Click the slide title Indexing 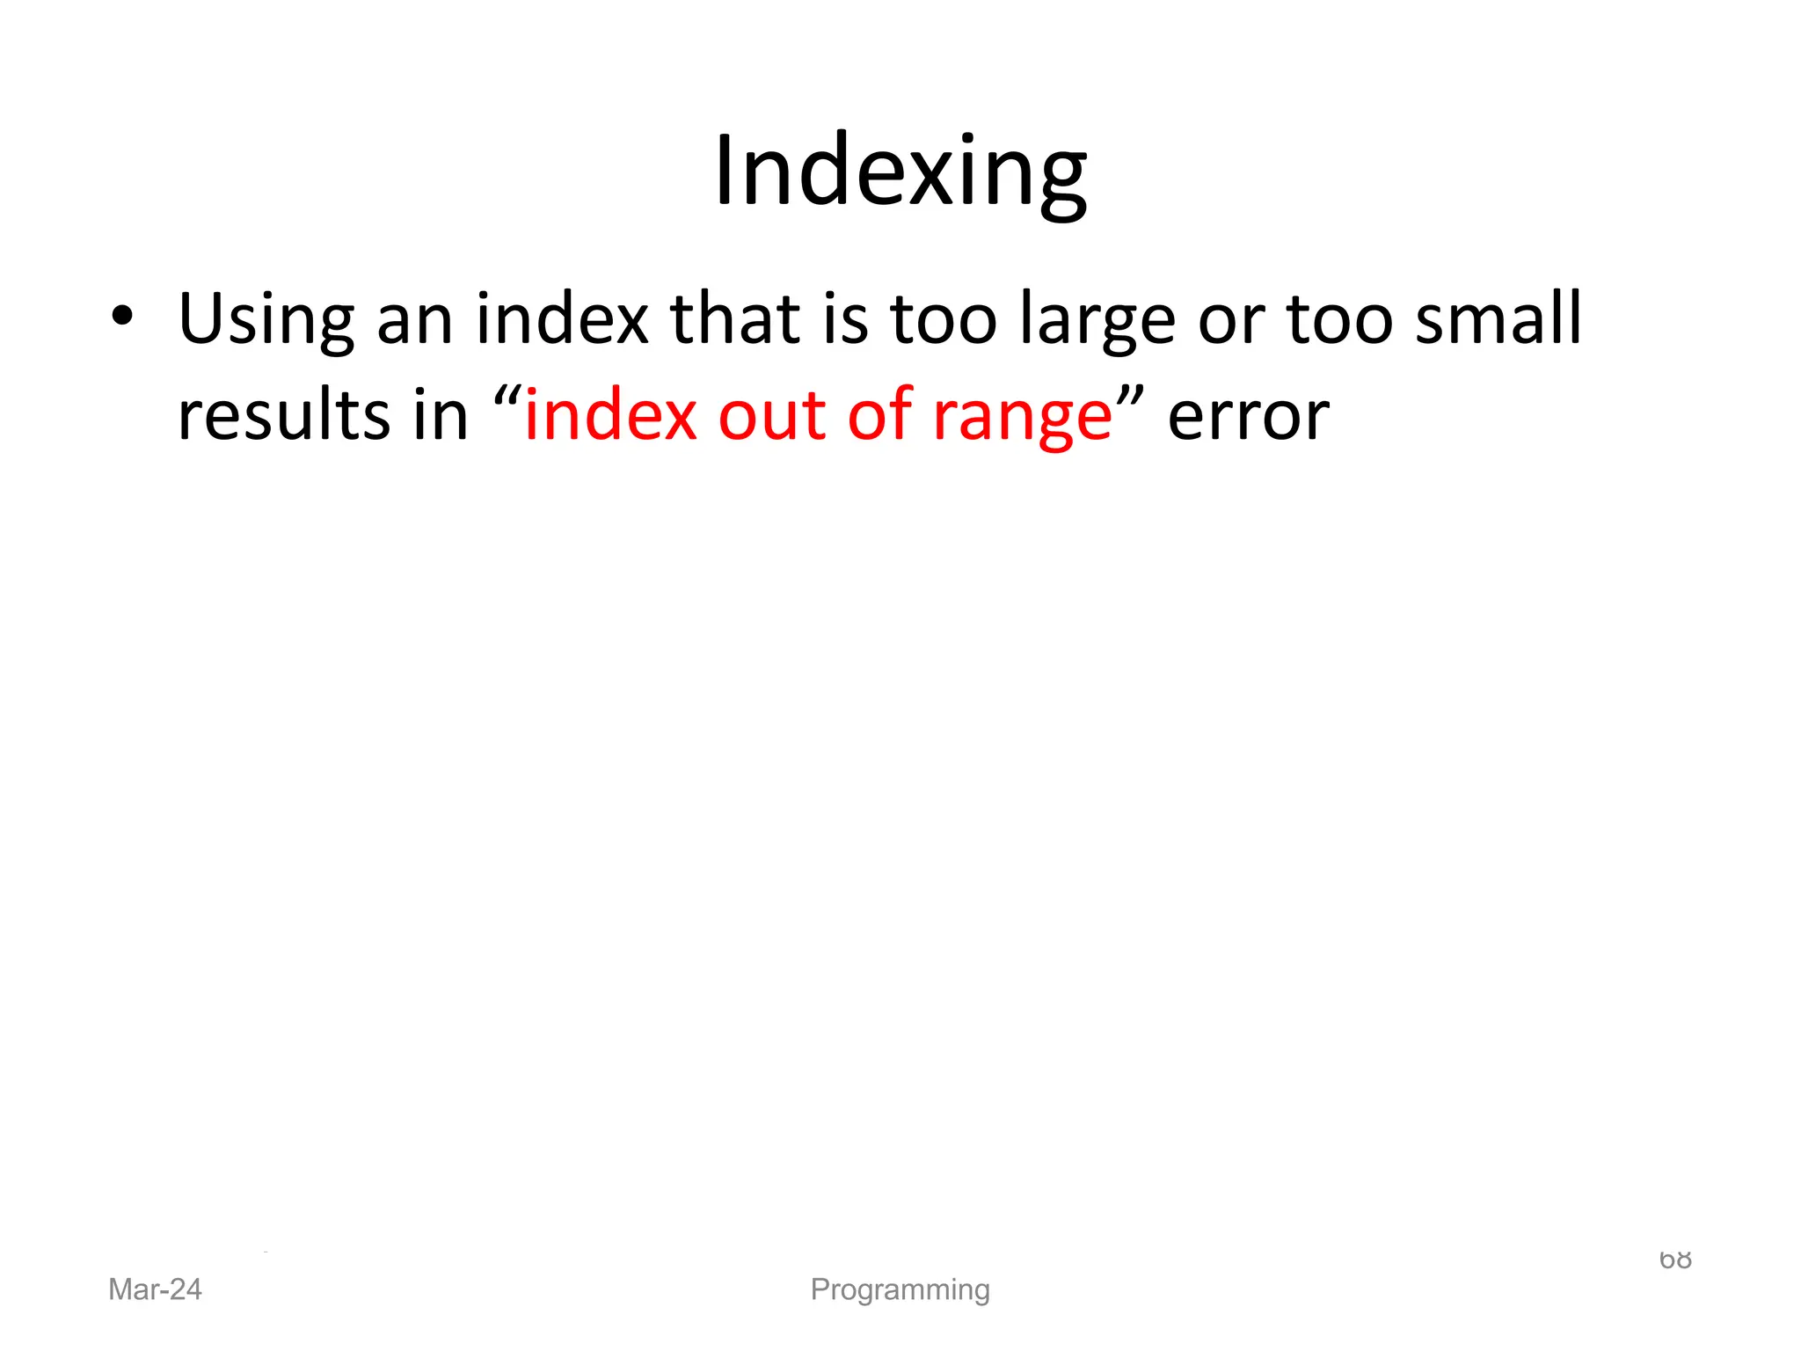click(x=900, y=171)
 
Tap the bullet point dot click(x=122, y=316)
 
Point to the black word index click(x=562, y=318)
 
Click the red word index click(x=610, y=415)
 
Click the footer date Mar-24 click(x=155, y=1289)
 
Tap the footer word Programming click(x=900, y=1289)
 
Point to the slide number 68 click(x=1675, y=1260)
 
